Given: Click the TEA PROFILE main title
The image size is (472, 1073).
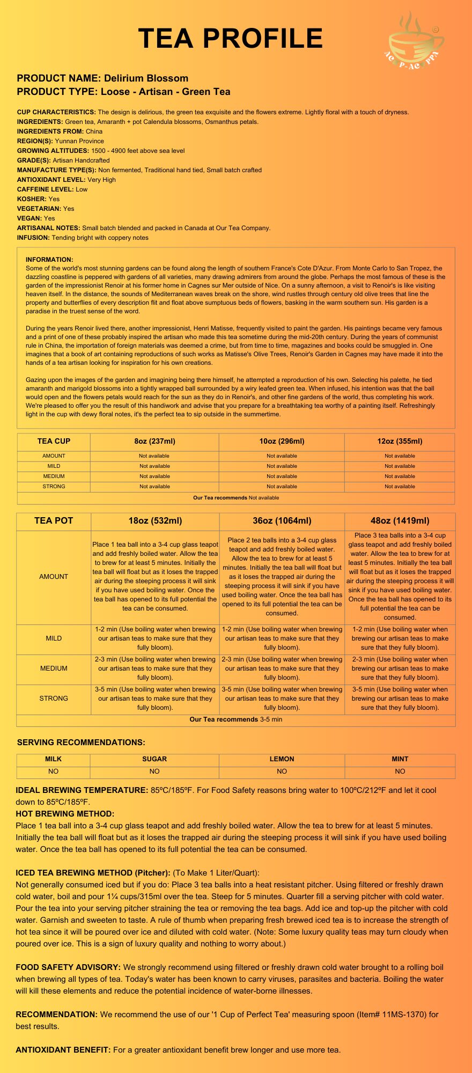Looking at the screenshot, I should coord(231,39).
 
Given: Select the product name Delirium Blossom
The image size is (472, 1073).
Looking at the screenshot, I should coord(146,78).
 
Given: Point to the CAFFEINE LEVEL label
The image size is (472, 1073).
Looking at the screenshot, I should coord(45,189).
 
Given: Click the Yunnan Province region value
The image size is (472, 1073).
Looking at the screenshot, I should coord(79,141).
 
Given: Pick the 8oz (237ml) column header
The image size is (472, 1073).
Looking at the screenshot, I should coord(154,442).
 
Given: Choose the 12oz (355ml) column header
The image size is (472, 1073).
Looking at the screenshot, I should coord(400,442).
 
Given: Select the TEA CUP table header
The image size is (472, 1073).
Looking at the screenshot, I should coord(54,442).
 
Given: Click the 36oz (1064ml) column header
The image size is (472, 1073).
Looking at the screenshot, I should coord(282,521).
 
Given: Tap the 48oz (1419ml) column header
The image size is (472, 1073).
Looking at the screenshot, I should coord(400,521).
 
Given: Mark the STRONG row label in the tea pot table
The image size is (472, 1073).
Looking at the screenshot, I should coord(54,699).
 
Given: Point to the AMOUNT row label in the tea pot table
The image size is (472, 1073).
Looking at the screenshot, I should coord(54,577).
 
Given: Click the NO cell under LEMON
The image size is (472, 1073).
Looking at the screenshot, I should coord(282,771).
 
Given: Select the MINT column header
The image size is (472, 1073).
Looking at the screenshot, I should coord(400,759).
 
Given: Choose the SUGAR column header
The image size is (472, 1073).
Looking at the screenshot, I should coord(154,759).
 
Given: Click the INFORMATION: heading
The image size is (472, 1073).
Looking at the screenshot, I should coord(49,260).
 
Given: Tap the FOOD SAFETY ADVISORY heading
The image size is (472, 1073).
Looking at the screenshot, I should coord(68,967).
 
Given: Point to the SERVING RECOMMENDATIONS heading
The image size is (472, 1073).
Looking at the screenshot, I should coord(81,743).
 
